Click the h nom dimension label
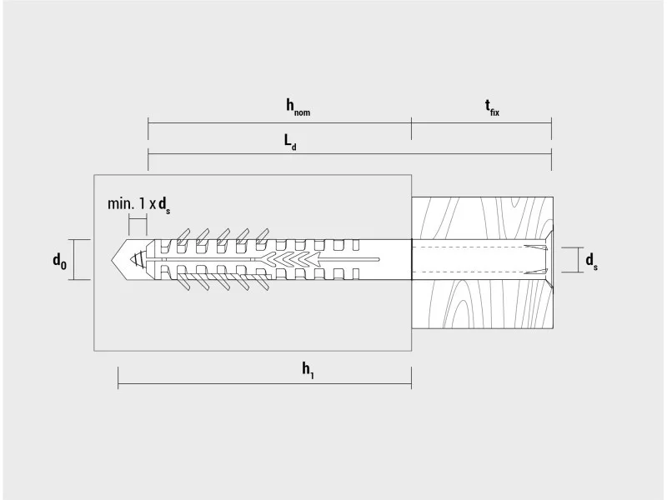pyautogui.click(x=298, y=107)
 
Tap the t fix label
pyautogui.click(x=492, y=107)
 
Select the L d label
pyautogui.click(x=290, y=142)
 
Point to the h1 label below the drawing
pyautogui.click(x=308, y=370)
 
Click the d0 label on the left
pyautogui.click(x=59, y=260)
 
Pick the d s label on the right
pyautogui.click(x=592, y=261)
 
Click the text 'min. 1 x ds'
pyautogui.click(x=138, y=205)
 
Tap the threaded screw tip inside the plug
pyautogui.click(x=138, y=259)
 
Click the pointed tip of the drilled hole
pyautogui.click(x=112, y=259)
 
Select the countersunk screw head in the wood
pyautogui.click(x=548, y=259)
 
